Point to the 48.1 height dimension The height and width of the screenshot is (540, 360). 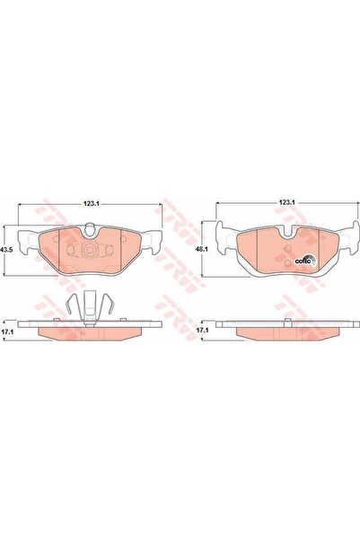(x=204, y=251)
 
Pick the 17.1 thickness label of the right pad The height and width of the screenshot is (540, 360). (x=203, y=332)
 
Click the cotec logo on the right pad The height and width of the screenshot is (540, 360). (x=303, y=261)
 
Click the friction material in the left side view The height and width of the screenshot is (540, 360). (x=89, y=334)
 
